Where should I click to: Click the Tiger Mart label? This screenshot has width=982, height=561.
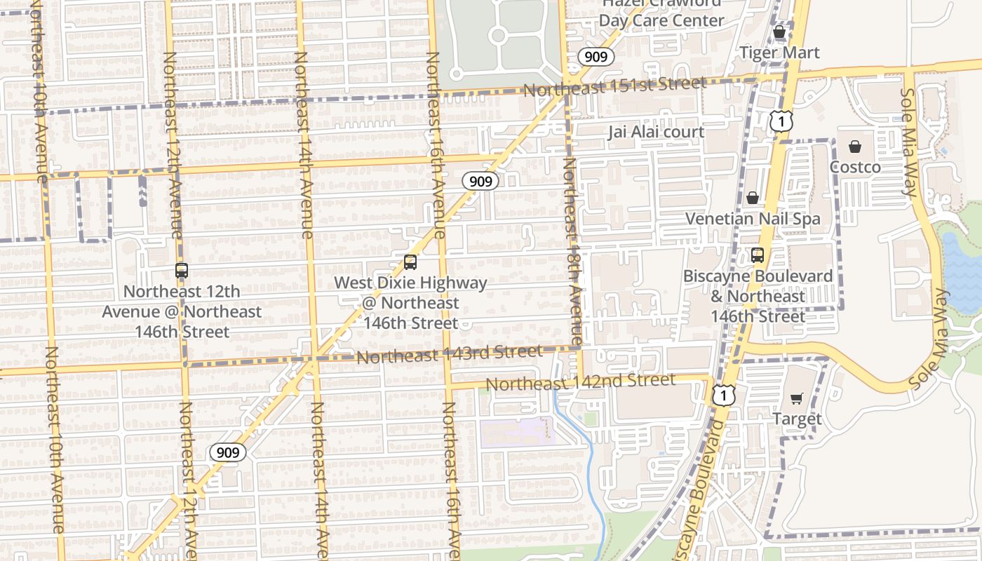pos(779,53)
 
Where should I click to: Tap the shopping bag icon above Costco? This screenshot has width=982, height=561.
pos(854,147)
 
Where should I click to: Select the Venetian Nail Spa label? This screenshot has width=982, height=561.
pos(753,219)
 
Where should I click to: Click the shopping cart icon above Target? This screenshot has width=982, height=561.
pos(796,398)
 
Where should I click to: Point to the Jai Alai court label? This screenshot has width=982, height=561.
pos(656,132)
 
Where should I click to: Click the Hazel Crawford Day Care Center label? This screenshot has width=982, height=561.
pos(661,12)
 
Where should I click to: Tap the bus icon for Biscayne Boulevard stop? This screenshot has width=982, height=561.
pos(757,255)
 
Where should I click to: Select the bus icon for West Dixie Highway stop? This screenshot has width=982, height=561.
pos(410,262)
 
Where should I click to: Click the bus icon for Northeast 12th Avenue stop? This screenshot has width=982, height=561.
pos(182,270)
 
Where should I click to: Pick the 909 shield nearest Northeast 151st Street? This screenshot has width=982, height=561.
pos(596,57)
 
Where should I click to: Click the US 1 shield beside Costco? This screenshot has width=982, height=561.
pos(781,121)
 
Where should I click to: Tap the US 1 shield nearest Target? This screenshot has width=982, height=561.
pos(723,395)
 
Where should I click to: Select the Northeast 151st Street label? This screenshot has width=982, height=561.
pos(614,86)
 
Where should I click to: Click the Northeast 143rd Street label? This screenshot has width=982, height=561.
pos(449,354)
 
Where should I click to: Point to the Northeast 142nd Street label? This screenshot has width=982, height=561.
pos(580,382)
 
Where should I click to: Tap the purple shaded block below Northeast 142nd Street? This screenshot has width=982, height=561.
pos(518,432)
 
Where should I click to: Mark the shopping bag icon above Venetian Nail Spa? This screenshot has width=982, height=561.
pos(753,198)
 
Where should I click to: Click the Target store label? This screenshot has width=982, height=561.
pos(796,419)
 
